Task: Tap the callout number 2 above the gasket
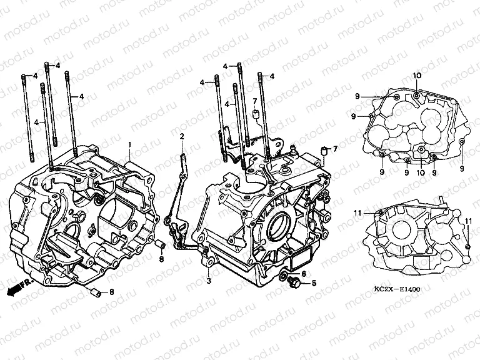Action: tap(181, 136)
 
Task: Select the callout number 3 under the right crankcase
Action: tap(209, 281)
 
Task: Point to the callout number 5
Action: tap(314, 283)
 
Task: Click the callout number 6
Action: tap(304, 273)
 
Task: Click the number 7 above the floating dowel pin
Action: tap(254, 101)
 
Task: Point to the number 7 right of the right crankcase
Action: tap(335, 149)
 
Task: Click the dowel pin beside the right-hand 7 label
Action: tap(324, 149)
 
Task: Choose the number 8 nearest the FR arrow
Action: tap(112, 292)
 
